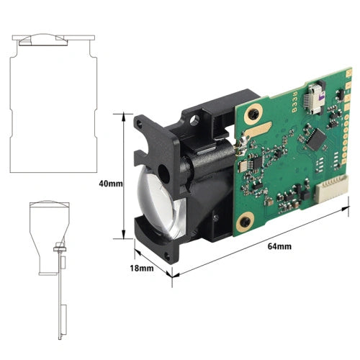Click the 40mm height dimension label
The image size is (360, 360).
109,184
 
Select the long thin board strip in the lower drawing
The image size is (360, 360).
58,302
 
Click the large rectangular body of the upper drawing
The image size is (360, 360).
50,108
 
